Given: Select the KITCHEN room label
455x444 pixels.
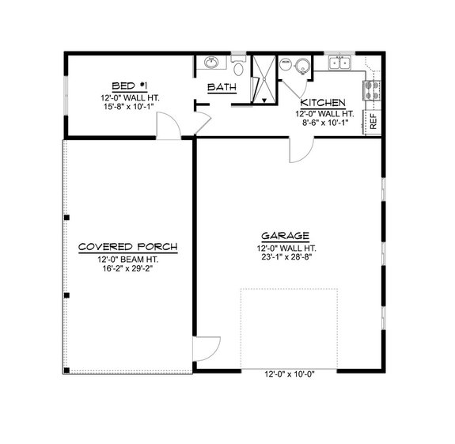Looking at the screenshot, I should [323, 104].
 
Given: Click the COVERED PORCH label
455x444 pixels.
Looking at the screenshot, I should [127, 248].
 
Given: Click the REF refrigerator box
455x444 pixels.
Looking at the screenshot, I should [373, 121].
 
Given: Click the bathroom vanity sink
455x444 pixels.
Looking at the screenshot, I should [212, 63].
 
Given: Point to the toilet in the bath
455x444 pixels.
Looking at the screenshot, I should [239, 66].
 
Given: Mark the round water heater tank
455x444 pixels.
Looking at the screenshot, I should [303, 67].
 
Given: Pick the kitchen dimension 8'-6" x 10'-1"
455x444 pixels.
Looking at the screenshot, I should [323, 124].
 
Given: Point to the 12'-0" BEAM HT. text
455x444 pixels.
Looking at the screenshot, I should [127, 260].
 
